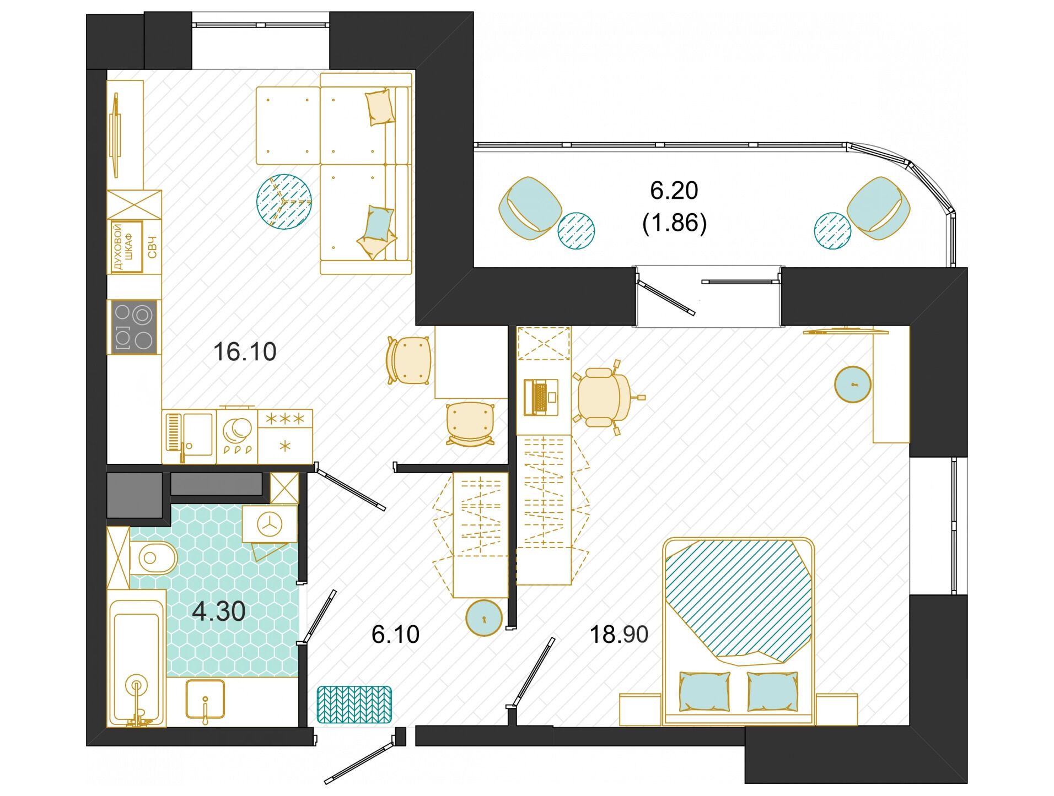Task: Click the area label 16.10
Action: point(245,352)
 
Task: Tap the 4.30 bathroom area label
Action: point(219,611)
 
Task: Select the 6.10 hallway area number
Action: point(395,635)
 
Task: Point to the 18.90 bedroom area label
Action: point(619,635)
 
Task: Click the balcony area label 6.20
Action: point(674,191)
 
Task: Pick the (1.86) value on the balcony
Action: point(674,223)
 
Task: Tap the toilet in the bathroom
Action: point(154,558)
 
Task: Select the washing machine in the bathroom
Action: point(270,524)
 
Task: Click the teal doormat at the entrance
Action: point(354,705)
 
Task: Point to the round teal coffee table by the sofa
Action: point(284,202)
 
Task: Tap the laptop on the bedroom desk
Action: point(541,397)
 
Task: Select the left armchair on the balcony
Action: point(530,208)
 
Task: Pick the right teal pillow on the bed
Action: point(772,691)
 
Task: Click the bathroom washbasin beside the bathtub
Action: point(205,700)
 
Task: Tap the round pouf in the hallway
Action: point(484,618)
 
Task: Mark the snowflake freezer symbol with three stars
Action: point(285,419)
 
